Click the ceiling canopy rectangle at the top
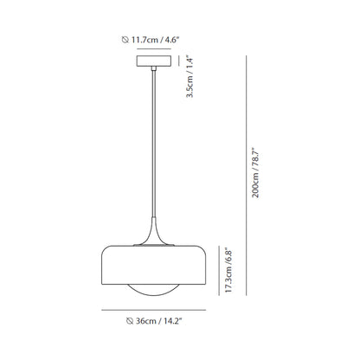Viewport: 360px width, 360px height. point(155,63)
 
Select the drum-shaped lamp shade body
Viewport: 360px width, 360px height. point(155,264)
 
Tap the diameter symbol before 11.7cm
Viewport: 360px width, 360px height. point(125,37)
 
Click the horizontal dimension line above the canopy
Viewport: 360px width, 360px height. point(155,49)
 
